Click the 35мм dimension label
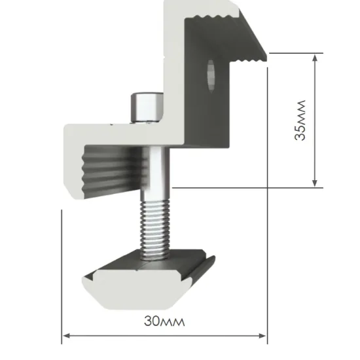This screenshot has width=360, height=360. (x=300, y=120)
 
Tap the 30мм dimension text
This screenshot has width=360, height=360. (x=164, y=322)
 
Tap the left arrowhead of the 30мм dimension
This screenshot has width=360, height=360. (x=66, y=337)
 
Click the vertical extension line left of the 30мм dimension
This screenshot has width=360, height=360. (x=62, y=275)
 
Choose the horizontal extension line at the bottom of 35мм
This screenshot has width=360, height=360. (x=249, y=188)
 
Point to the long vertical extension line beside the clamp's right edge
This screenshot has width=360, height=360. (x=268, y=196)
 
